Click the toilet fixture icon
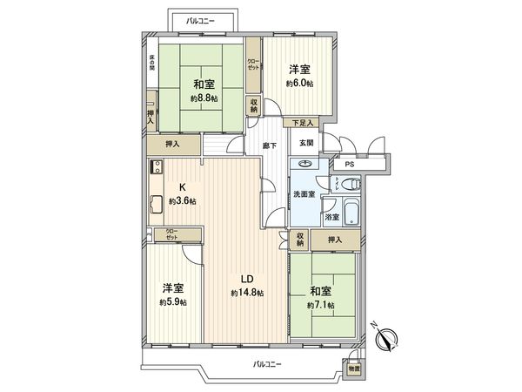point(350,185)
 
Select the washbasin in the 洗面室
point(306,163)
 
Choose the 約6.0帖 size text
point(298,83)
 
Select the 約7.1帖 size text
point(322,306)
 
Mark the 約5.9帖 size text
point(172,302)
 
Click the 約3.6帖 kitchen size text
point(183,201)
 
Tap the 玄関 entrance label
point(307,143)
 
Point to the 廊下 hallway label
point(270,145)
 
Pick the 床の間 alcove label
point(151,64)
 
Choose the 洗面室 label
point(303,193)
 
